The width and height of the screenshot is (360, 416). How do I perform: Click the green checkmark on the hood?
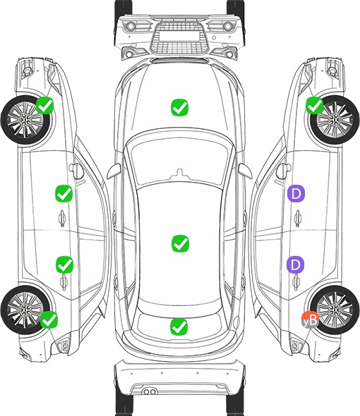179,107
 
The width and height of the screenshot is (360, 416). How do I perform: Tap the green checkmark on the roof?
180,243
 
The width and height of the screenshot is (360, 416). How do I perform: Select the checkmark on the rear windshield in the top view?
179,326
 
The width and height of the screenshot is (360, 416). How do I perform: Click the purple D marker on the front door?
296,193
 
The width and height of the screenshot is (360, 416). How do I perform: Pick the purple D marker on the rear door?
295,264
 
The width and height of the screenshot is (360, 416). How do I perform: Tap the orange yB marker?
310,319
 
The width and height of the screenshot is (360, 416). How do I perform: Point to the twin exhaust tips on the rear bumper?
150,391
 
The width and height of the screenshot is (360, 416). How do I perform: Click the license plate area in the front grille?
179,36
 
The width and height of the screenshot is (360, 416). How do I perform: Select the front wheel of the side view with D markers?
334,120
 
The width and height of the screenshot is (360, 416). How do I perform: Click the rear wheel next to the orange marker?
334,310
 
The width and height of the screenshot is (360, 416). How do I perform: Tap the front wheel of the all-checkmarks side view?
25,120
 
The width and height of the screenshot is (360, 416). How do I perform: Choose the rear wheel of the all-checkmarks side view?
25,310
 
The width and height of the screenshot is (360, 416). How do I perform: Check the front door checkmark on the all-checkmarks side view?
64,193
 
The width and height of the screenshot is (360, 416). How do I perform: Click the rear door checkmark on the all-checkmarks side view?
64,264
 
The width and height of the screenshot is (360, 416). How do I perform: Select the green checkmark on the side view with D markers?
315,105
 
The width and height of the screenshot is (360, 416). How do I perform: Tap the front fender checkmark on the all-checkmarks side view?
45,105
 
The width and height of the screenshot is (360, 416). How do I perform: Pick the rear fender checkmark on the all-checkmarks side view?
49,319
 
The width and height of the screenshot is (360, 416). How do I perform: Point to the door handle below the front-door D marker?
298,218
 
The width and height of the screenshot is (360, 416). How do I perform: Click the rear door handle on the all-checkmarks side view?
64,281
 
